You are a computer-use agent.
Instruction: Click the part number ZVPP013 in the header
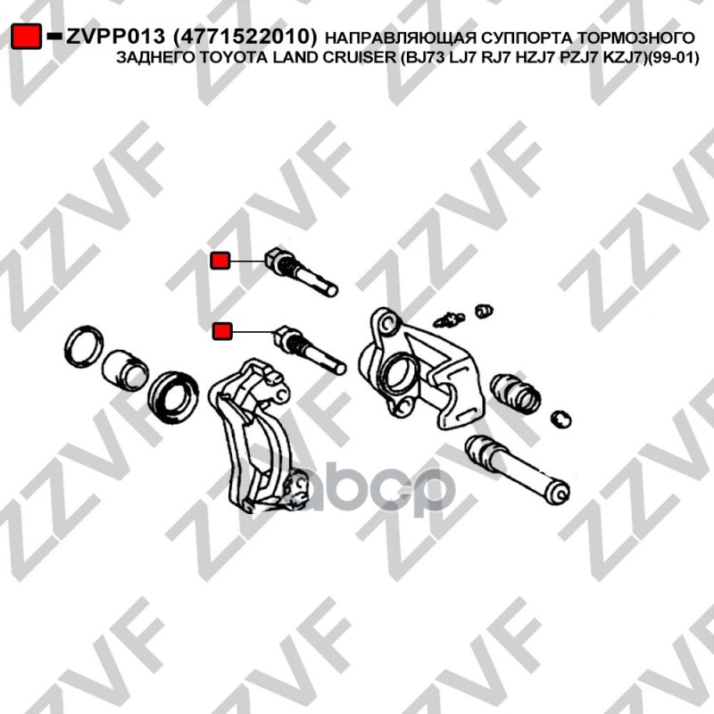[x=115, y=37]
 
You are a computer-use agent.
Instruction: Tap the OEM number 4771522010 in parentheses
[x=245, y=37]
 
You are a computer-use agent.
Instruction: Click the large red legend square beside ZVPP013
[x=26, y=36]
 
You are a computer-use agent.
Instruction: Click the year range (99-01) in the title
[x=673, y=58]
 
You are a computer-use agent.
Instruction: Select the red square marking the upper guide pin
[x=220, y=261]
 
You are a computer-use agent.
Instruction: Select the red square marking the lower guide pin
[x=222, y=330]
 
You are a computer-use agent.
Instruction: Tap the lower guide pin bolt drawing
[x=310, y=349]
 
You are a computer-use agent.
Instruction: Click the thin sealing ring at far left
[x=84, y=347]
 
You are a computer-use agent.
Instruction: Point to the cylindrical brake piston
[x=125, y=370]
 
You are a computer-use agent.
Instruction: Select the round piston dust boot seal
[x=173, y=395]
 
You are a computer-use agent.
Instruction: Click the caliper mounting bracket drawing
[x=255, y=437]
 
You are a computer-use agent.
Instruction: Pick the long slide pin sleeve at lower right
[x=517, y=469]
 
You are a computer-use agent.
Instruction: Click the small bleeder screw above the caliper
[x=450, y=320]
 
